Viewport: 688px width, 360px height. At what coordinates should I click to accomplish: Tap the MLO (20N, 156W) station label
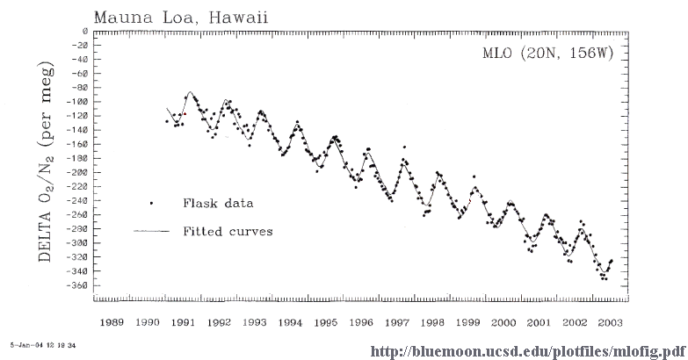[547, 53]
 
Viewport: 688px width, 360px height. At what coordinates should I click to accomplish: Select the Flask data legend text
[219, 203]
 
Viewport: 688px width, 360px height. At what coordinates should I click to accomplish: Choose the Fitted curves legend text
[228, 232]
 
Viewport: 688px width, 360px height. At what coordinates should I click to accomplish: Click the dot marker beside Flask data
[151, 203]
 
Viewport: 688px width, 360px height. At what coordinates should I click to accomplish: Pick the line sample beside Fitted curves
[151, 232]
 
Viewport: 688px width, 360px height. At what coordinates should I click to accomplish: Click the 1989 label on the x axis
[112, 322]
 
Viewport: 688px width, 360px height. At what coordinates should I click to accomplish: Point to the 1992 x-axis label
[220, 322]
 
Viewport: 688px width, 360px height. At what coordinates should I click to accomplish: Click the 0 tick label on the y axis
[83, 32]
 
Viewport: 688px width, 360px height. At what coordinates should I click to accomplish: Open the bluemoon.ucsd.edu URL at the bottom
[526, 351]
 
